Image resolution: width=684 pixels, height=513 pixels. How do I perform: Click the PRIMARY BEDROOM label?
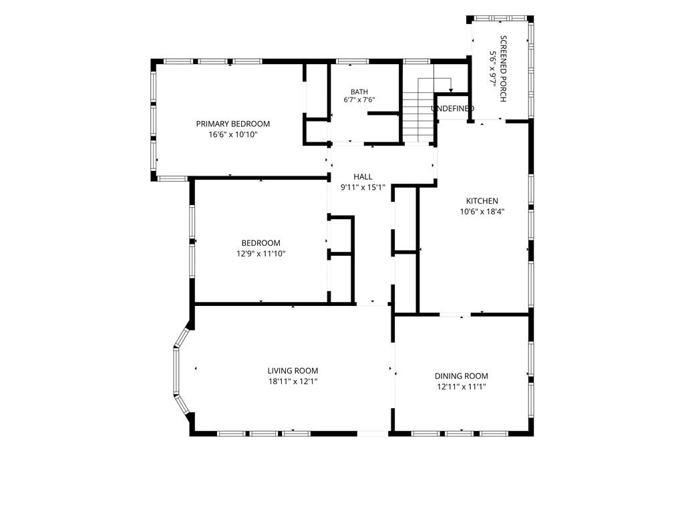(x=233, y=124)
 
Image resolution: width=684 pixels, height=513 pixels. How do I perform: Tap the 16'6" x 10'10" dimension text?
(x=233, y=135)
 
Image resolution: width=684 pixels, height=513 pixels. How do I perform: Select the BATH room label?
(x=359, y=92)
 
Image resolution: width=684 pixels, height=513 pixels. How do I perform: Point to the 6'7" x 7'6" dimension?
(x=359, y=100)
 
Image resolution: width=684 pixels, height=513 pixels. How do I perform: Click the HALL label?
(x=363, y=176)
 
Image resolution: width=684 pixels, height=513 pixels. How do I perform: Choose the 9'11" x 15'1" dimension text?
(x=363, y=188)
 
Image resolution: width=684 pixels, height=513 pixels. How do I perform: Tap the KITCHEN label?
(x=482, y=201)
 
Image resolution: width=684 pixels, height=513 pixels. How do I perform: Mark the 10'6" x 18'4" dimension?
(x=482, y=212)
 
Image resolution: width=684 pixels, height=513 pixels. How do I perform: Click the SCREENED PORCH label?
(x=503, y=69)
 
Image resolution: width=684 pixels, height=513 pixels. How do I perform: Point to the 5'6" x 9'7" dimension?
(x=492, y=69)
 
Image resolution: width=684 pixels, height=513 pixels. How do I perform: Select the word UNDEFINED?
(x=452, y=108)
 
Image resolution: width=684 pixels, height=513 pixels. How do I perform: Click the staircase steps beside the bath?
(x=418, y=117)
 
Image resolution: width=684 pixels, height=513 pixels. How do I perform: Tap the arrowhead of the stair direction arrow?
(x=451, y=90)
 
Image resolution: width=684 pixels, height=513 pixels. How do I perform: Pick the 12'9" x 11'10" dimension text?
(x=261, y=254)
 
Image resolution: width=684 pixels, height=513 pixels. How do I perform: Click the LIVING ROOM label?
(x=293, y=371)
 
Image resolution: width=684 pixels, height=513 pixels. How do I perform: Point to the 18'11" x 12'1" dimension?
(x=293, y=381)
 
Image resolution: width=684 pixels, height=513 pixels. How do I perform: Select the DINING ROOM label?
(x=461, y=376)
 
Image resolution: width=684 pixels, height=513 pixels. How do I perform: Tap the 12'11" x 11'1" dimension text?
(x=461, y=387)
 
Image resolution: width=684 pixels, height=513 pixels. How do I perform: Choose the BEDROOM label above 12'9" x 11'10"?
(x=261, y=243)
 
